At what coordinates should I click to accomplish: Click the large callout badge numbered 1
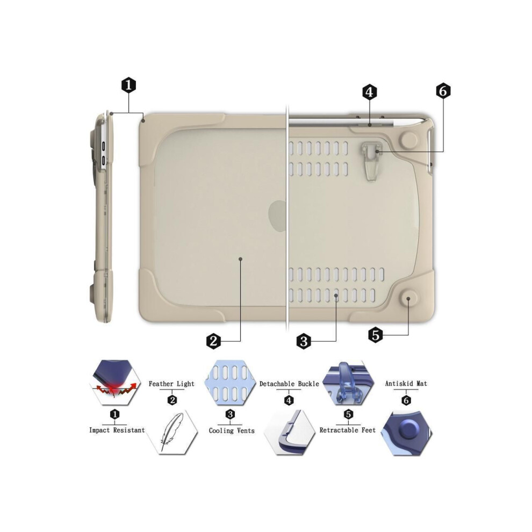pos(128,85)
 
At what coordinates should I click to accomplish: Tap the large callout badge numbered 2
pos(213,341)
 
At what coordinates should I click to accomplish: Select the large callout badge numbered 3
pos(304,341)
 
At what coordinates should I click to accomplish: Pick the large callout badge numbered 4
pos(370,92)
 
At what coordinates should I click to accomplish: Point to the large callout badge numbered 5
pos(375,335)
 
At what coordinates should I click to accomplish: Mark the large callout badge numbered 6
pos(443,91)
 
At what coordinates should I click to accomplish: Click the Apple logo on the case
pos(277,216)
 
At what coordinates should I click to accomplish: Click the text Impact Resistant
pos(117,430)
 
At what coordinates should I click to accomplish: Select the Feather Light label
pos(171,384)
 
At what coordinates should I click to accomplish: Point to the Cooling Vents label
pos(232,430)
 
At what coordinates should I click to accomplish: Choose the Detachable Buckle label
pos(289,384)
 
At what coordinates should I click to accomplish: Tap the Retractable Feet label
pos(348,430)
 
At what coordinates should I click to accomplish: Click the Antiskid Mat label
pos(406,384)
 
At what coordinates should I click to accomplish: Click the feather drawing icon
pos(171,431)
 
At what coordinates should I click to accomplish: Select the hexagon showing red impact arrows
pos(115,383)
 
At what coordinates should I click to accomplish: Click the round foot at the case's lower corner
pos(408,299)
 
